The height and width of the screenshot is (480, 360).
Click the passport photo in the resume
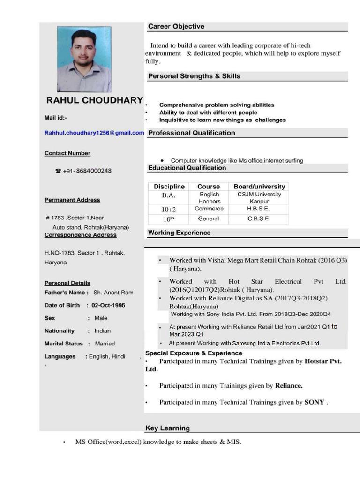[84, 59]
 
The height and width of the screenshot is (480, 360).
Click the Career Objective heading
[176, 27]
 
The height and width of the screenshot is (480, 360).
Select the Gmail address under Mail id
[94, 133]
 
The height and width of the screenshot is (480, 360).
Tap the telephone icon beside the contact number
[58, 171]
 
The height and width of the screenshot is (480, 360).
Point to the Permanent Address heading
[72, 200]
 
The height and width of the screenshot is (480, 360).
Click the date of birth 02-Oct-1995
[108, 305]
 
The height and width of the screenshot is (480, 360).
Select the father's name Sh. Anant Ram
[113, 292]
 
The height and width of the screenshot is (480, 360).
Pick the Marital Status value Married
[105, 344]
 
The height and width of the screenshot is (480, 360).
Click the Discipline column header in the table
[169, 187]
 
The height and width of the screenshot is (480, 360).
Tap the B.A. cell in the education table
[168, 195]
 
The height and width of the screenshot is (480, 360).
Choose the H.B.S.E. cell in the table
[258, 209]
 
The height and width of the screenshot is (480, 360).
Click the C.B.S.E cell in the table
[258, 218]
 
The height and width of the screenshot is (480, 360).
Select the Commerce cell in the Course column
[209, 209]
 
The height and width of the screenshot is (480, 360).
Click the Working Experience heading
[180, 232]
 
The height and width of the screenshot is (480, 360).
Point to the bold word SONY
[314, 402]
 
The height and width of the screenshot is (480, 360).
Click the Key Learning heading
[168, 428]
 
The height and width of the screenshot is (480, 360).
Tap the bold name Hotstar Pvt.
[323, 361]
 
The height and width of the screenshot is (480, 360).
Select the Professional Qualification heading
[192, 133]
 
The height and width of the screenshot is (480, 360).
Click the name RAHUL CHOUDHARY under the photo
[94, 100]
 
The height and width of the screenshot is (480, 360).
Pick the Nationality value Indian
[103, 331]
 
